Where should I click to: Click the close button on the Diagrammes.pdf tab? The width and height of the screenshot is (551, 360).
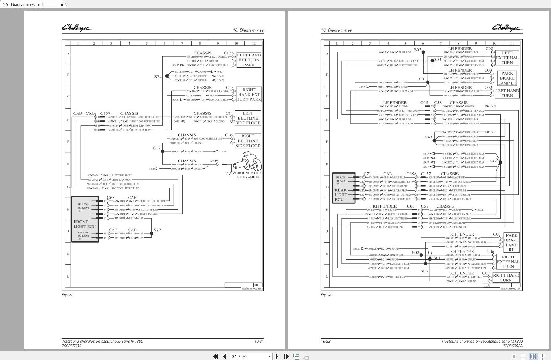(62, 5)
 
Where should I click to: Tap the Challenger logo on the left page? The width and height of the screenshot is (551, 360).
(76, 28)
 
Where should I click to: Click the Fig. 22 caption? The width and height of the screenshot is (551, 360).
(67, 295)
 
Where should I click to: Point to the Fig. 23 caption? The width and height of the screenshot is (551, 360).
(326, 295)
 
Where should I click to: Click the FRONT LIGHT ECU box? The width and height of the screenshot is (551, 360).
(85, 219)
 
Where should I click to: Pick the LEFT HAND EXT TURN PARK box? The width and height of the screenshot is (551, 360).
(249, 60)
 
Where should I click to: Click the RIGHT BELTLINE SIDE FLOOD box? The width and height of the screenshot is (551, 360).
(248, 141)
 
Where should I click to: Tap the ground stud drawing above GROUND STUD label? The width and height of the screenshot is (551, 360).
(248, 163)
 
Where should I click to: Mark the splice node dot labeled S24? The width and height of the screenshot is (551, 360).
(167, 76)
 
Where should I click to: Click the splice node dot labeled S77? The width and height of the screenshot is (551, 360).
(151, 233)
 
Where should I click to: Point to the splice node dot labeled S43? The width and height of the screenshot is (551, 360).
(434, 141)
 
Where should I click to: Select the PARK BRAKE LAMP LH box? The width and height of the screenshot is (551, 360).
(507, 78)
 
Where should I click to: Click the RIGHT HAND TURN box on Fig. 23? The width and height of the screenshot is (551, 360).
(506, 277)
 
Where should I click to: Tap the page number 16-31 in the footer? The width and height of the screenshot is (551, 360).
(259, 341)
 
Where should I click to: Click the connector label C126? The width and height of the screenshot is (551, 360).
(229, 53)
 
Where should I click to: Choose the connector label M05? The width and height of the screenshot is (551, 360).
(214, 161)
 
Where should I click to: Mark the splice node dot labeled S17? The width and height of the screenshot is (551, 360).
(162, 151)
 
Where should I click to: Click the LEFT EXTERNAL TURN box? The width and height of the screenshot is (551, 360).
(507, 58)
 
